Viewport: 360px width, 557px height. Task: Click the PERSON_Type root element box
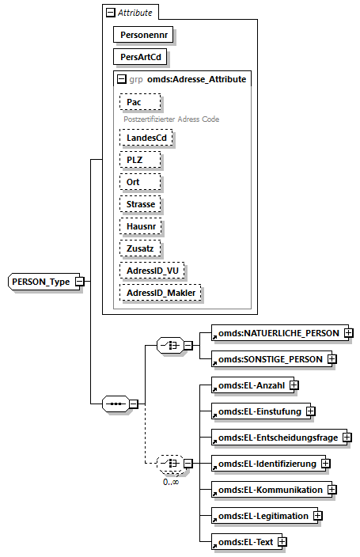coord(41,281)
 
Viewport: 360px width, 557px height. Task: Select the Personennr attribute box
coord(143,35)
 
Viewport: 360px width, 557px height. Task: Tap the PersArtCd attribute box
coord(141,57)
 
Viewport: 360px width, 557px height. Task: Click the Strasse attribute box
coord(141,203)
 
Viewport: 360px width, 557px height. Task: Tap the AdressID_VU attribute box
coord(152,271)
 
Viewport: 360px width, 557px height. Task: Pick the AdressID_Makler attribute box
coord(160,293)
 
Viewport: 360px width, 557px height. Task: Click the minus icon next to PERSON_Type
coord(80,282)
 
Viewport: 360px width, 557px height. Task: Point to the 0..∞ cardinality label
coord(170,481)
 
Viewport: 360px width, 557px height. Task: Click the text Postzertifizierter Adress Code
coord(170,119)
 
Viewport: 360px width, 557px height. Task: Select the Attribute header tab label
coord(135,13)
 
